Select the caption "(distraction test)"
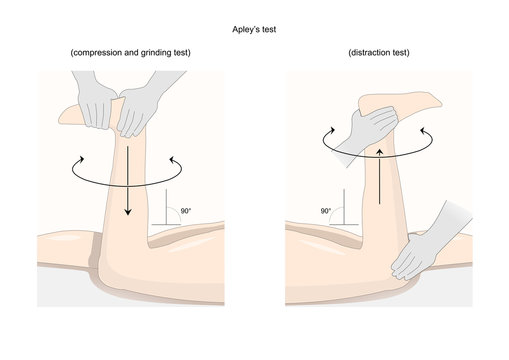(380, 51)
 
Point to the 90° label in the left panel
(184, 211)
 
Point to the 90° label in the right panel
(326, 211)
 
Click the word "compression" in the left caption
(97, 51)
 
